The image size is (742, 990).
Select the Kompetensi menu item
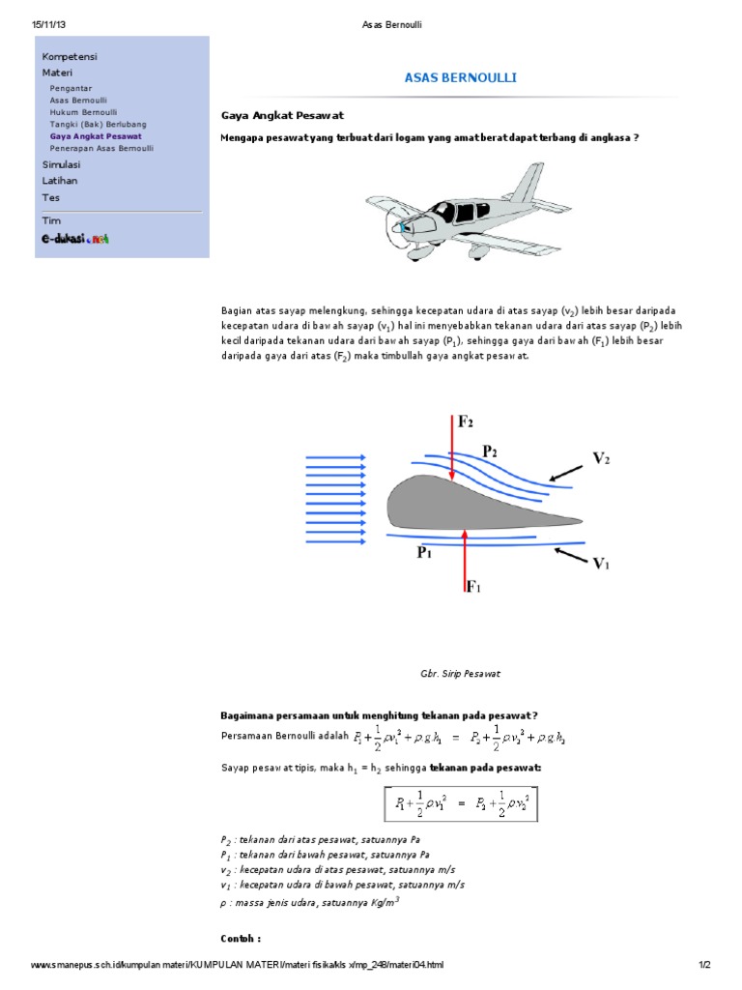(70, 56)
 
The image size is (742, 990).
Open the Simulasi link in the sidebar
(61, 165)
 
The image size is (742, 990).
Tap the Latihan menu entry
(60, 181)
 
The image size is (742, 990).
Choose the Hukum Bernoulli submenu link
(83, 112)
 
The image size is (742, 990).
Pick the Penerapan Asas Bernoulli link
(101, 149)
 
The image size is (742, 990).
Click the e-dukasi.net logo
(74, 238)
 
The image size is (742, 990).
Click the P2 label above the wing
(491, 451)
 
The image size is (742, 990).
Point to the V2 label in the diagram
(601, 459)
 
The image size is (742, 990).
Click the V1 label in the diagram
(601, 565)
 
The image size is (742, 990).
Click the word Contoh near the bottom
(241, 938)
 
